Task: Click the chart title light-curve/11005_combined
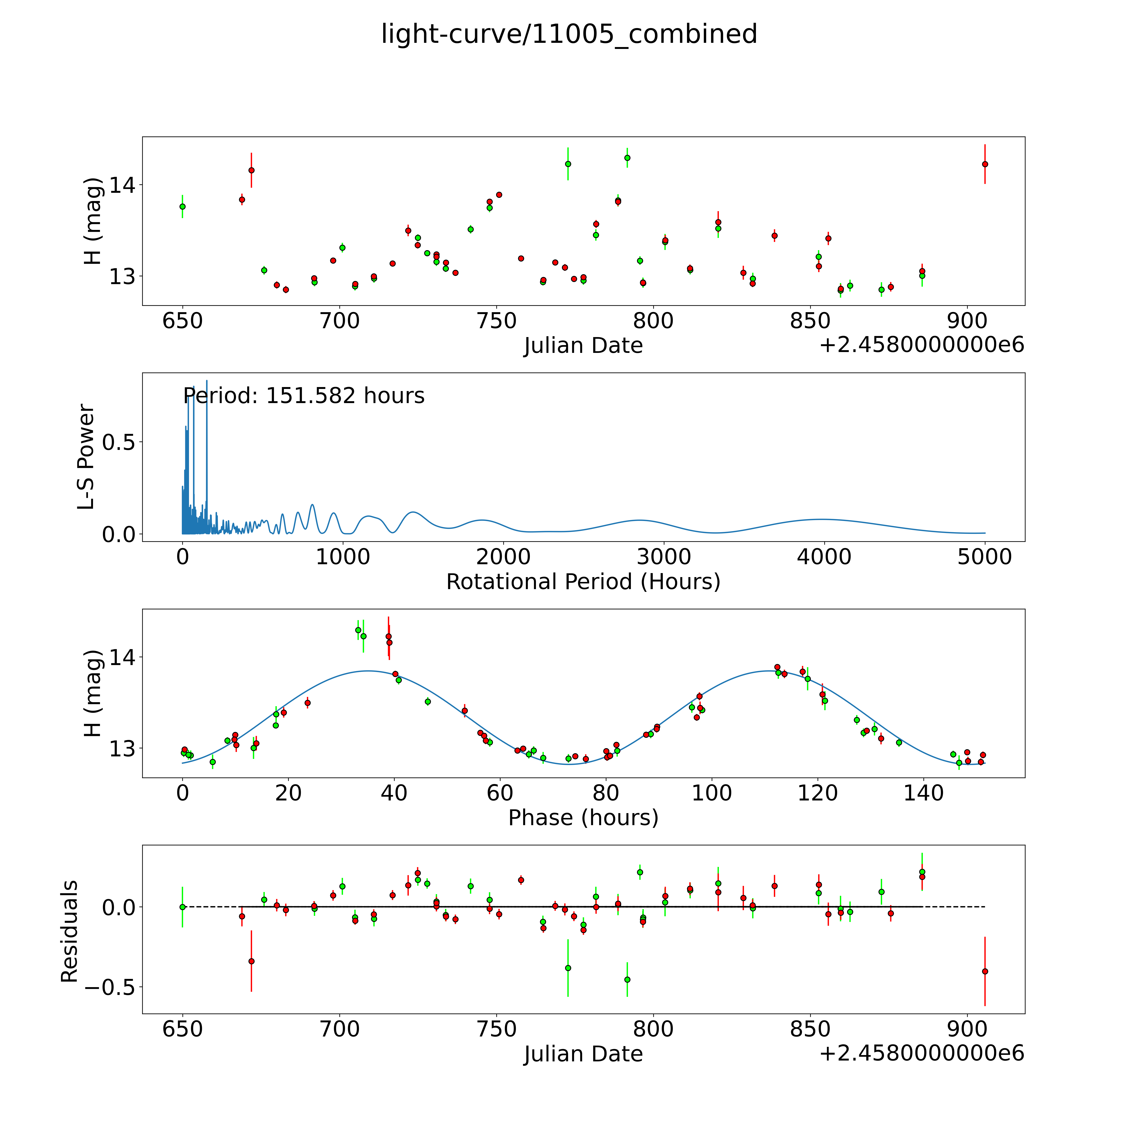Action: (x=569, y=34)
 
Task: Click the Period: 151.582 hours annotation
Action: (x=304, y=395)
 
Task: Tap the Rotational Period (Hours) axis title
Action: (x=583, y=582)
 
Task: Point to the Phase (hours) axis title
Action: (x=583, y=818)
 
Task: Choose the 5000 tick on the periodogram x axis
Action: (x=985, y=557)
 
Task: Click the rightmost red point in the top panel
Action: (x=985, y=164)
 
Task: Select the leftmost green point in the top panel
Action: (x=183, y=206)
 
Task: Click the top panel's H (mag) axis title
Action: (x=93, y=221)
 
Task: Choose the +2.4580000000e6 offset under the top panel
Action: (x=922, y=345)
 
